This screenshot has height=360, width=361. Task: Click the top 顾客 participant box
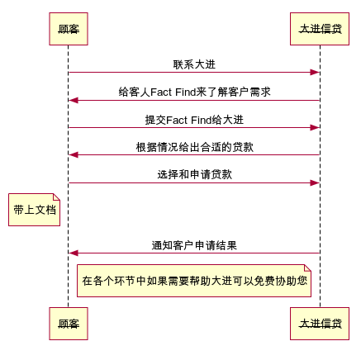(69, 29)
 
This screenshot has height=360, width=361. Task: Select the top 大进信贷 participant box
(320, 29)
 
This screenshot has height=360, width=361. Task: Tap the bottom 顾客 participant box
(69, 324)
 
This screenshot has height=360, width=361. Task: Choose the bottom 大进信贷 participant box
(320, 324)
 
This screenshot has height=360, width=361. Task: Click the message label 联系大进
(194, 64)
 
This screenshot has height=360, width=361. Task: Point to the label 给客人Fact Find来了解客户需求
(194, 92)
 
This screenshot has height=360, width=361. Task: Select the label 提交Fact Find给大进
(194, 120)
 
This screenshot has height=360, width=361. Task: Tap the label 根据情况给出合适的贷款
(194, 147)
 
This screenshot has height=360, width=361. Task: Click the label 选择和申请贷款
(194, 174)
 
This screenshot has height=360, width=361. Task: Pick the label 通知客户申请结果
(194, 245)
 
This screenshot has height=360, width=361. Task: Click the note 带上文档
(34, 210)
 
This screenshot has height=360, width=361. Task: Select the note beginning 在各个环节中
(194, 281)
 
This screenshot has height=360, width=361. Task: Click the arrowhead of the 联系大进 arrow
(315, 73)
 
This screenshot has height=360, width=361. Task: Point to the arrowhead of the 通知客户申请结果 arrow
(74, 253)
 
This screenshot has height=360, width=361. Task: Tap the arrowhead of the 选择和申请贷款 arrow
(315, 182)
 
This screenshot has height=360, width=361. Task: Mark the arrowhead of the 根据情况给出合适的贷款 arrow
(74, 155)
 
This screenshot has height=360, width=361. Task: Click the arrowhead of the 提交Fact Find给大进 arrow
(315, 127)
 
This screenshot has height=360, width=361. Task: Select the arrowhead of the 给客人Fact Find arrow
(74, 100)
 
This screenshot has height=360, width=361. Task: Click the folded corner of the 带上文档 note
(57, 197)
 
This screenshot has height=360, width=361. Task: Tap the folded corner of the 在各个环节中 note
(307, 268)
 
